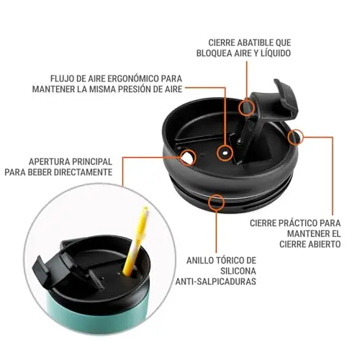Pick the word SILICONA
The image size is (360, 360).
[238, 271]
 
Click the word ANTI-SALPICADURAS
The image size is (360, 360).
[215, 282]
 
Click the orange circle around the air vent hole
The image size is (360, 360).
[225, 153]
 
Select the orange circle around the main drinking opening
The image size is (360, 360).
[188, 158]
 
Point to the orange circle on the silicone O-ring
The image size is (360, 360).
[217, 202]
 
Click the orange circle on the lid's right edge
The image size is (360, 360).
[295, 138]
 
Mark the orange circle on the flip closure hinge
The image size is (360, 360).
[246, 108]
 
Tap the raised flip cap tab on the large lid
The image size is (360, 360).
[286, 96]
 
